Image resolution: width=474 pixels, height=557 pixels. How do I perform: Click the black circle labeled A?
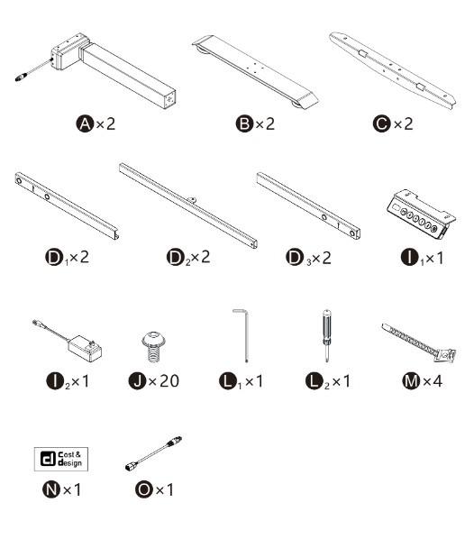pos(85,124)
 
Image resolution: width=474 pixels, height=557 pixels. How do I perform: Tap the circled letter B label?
pos(244,124)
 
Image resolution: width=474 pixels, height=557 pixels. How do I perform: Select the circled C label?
pos(382,124)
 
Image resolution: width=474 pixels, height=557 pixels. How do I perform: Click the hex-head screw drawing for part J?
pos(153,347)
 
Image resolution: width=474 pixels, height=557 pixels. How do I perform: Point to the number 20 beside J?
pos(169,381)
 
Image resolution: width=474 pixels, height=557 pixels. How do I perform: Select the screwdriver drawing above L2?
pos(326,335)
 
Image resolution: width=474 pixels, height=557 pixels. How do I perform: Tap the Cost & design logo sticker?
pos(61,459)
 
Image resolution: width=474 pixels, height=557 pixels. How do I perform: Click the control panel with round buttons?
pos(421,213)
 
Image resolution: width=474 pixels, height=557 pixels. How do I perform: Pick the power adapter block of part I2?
pos(85,348)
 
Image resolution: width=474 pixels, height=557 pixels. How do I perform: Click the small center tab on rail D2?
pos(192,200)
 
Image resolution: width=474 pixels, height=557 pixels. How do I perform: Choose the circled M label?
pos(411,381)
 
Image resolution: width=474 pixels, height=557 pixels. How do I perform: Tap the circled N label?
pos(51,489)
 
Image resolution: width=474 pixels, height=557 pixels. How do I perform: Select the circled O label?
pos(144,489)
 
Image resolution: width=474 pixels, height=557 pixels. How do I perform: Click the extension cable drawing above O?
pos(153,453)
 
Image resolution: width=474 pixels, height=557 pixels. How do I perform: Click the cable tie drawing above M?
pos(419,342)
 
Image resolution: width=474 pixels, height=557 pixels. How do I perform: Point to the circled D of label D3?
pos(295,257)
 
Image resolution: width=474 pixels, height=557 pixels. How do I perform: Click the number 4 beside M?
pos(437,381)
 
